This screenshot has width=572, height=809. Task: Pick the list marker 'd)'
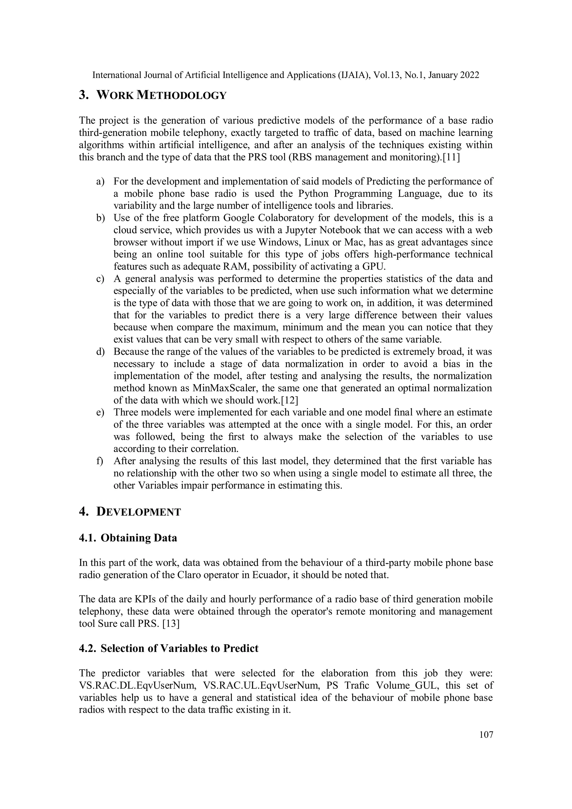click(x=101, y=352)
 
